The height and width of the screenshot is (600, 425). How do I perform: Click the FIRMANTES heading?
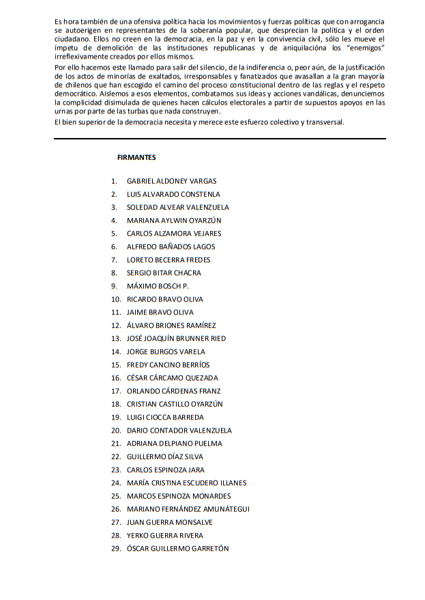click(136, 158)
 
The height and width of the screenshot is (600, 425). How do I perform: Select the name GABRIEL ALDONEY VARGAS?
click(171, 181)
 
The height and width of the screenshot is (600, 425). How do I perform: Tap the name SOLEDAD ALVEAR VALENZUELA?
click(177, 207)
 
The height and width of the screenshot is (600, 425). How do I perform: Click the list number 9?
click(114, 286)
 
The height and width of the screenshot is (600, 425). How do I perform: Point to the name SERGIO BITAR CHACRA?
click(164, 273)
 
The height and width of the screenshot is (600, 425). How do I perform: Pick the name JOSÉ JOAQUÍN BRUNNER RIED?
click(176, 338)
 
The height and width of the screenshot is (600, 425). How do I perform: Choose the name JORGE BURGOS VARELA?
click(166, 351)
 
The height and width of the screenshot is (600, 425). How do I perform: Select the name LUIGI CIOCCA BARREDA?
click(165, 417)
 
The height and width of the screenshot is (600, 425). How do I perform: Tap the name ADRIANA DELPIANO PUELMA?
click(174, 444)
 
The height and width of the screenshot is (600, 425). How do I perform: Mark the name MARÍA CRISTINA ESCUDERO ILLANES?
click(186, 482)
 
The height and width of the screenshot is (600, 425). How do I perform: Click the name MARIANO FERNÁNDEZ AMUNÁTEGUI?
click(188, 509)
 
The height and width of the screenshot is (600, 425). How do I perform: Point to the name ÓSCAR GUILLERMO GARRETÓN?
click(177, 548)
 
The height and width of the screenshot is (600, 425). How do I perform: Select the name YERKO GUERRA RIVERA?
click(164, 535)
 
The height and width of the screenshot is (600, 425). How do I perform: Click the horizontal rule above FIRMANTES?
click(220, 139)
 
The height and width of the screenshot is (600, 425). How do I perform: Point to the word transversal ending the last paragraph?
click(327, 122)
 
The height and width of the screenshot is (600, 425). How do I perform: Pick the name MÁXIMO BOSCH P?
click(158, 286)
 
